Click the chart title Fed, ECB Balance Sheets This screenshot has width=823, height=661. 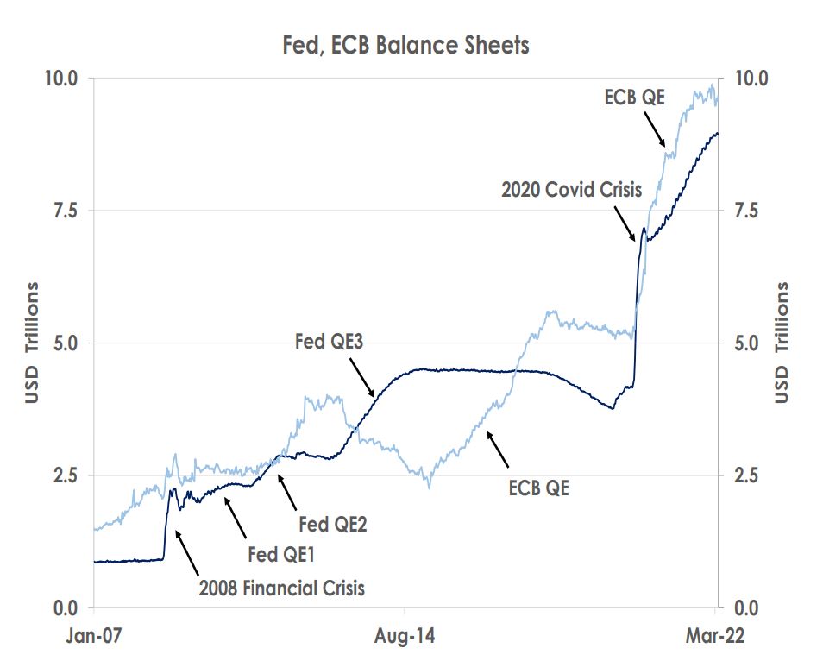tap(406, 46)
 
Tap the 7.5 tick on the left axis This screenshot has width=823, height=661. tap(61, 211)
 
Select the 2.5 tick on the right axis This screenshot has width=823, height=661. tap(745, 475)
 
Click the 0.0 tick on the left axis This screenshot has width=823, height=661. tap(61, 607)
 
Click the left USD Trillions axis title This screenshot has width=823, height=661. tap(31, 343)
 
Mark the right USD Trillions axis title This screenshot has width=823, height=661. tap(782, 343)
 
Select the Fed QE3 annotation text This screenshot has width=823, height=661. tap(329, 342)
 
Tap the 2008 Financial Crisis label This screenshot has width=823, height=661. tap(281, 589)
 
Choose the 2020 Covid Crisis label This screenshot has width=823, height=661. tap(571, 189)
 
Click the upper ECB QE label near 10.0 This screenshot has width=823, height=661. tap(634, 98)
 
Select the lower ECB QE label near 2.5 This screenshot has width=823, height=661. tap(539, 488)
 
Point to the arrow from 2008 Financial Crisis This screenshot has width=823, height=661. tap(187, 552)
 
